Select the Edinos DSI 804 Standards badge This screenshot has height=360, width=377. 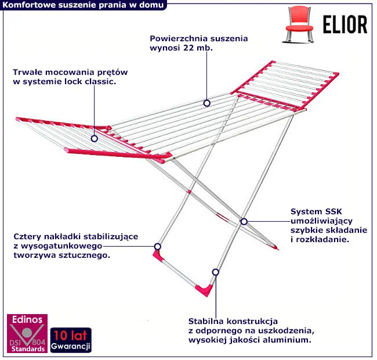[27, 334]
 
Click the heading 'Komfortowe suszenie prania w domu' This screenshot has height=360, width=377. [83, 5]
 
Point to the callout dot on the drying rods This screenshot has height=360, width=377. [206, 103]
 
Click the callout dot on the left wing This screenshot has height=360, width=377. [95, 138]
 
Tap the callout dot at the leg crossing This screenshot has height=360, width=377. [244, 221]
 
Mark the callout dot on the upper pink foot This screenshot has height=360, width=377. [157, 246]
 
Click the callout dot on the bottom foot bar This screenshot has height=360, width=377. [215, 272]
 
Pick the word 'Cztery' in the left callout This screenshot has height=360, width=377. [27, 236]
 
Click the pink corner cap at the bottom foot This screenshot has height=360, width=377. [205, 289]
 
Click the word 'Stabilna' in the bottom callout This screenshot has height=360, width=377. [206, 321]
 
